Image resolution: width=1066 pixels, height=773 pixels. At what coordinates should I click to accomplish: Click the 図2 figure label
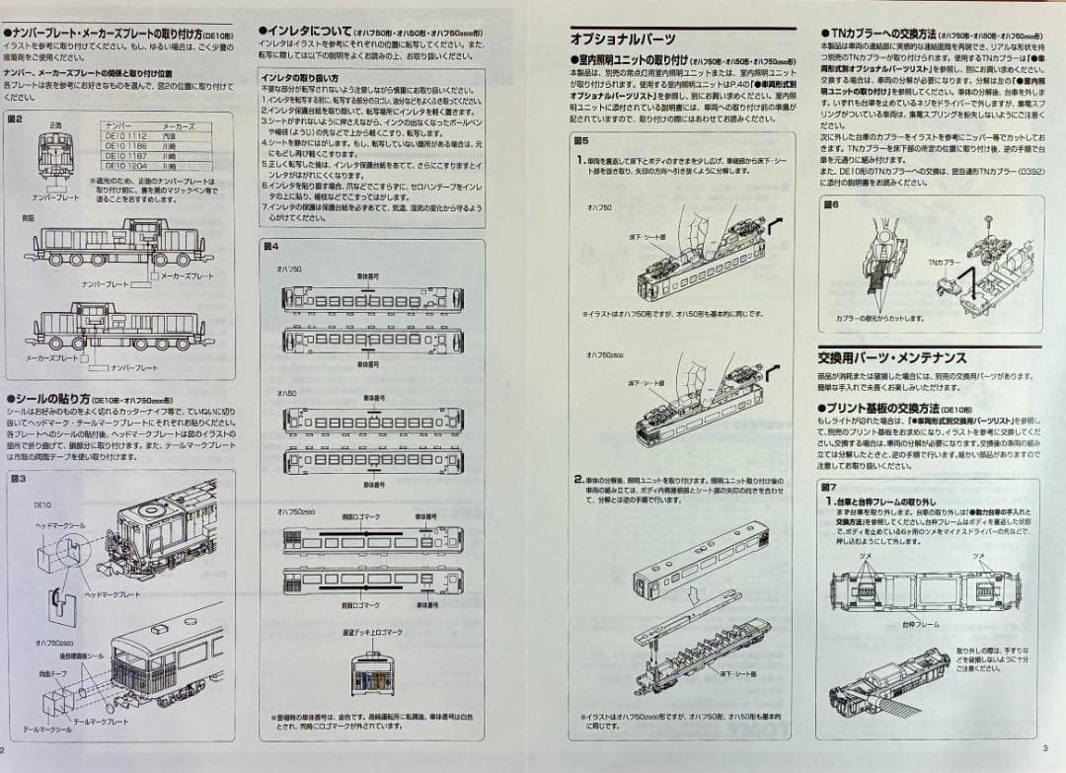(x=15, y=117)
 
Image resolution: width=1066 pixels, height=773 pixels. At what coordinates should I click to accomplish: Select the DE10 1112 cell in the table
(x=125, y=135)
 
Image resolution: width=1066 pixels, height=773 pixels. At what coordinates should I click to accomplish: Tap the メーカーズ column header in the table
(x=179, y=126)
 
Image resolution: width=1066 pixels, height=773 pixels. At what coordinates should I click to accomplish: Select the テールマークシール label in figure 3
(x=47, y=729)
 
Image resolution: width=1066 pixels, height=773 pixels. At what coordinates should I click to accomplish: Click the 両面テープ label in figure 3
(x=52, y=673)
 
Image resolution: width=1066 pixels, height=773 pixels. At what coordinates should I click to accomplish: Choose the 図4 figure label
(x=271, y=245)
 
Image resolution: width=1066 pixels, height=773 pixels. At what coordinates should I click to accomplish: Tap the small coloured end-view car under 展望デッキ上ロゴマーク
(x=371, y=670)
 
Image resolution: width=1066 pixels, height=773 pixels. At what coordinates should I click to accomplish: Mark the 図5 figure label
(x=581, y=140)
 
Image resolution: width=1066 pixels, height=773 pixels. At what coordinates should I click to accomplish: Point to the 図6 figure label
(x=830, y=204)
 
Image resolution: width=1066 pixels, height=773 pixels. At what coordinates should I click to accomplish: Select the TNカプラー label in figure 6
(x=944, y=262)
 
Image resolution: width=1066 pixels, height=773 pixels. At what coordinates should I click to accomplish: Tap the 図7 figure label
(x=829, y=488)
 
